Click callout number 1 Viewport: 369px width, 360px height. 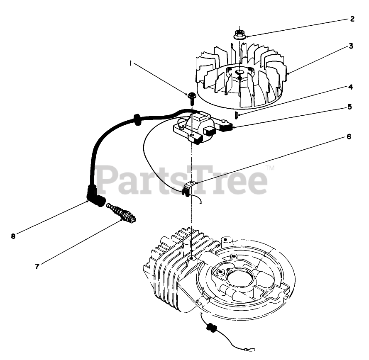click(x=131, y=63)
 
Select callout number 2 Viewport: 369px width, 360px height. click(x=352, y=19)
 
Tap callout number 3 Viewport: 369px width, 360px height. click(x=351, y=46)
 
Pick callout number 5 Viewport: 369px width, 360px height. click(x=349, y=107)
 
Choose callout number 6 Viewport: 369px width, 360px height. click(x=349, y=136)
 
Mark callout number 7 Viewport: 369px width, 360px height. click(x=37, y=267)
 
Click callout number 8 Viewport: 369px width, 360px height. click(x=13, y=236)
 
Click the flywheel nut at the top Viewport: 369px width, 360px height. click(x=239, y=34)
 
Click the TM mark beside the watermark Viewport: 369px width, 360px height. click(x=270, y=168)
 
